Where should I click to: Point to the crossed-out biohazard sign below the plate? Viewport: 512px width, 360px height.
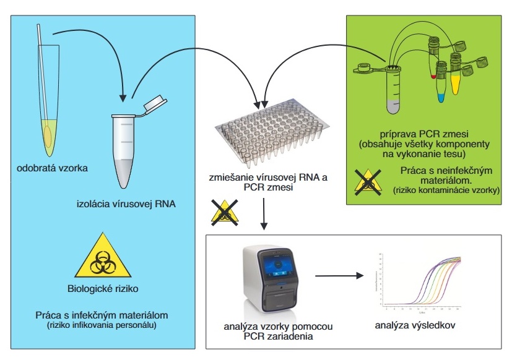[x=225, y=211]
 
